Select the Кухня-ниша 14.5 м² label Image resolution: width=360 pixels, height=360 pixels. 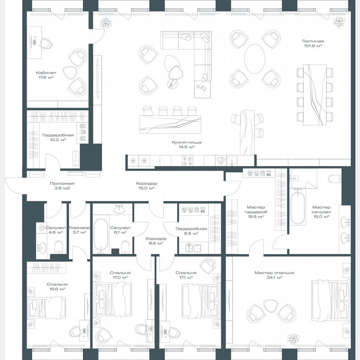point(183,145)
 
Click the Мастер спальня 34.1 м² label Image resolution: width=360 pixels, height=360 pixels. point(274,275)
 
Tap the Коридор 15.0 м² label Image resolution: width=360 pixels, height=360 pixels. point(146,186)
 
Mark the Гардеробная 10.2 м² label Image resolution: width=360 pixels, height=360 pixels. point(58,137)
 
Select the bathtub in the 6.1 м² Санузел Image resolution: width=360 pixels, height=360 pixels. point(100,236)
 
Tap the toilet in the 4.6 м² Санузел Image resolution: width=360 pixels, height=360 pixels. point(58,248)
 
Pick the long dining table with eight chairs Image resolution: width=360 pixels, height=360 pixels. point(315,95)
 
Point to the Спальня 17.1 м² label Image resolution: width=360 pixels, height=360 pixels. point(184,275)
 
